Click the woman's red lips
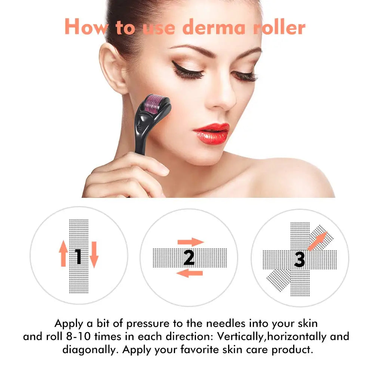click(x=211, y=133)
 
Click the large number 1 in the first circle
click(x=78, y=257)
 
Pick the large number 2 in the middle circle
click(x=189, y=258)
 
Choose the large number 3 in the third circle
click(x=300, y=259)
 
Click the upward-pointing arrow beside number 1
click(x=64, y=254)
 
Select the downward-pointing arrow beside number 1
click(x=93, y=254)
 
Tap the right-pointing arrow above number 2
click(x=190, y=242)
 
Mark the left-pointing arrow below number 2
click(x=189, y=273)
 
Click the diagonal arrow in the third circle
click(x=316, y=241)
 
